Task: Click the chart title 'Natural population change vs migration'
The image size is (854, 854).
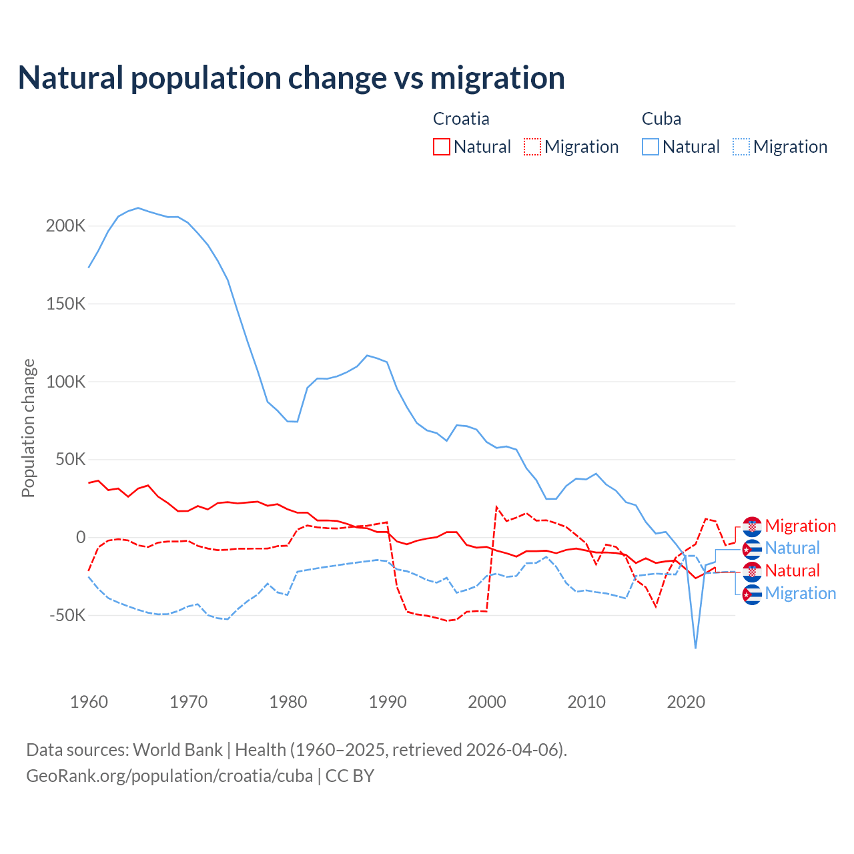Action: pyautogui.click(x=292, y=78)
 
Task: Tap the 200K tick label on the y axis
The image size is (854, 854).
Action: pyautogui.click(x=66, y=226)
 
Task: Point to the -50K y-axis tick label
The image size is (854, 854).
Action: pyautogui.click(x=67, y=614)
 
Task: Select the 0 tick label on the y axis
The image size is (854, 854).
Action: pyautogui.click(x=81, y=537)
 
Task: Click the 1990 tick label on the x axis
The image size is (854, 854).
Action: pyautogui.click(x=388, y=702)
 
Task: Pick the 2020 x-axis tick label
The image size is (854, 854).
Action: pyautogui.click(x=686, y=702)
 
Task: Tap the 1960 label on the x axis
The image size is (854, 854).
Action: pyautogui.click(x=89, y=702)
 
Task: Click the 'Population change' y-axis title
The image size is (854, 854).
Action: pyautogui.click(x=28, y=428)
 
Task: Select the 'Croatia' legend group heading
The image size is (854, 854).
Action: pyautogui.click(x=461, y=119)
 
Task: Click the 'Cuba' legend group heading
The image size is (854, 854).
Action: pyautogui.click(x=661, y=119)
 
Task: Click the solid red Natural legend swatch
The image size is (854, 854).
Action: pyautogui.click(x=442, y=147)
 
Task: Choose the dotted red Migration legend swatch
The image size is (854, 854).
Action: pyautogui.click(x=532, y=147)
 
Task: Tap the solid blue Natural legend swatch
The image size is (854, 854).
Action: pyautogui.click(x=651, y=147)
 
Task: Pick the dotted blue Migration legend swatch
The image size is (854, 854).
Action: pyautogui.click(x=741, y=147)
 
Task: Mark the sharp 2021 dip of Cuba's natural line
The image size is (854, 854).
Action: pyautogui.click(x=696, y=647)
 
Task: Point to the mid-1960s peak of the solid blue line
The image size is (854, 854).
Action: pyautogui.click(x=138, y=208)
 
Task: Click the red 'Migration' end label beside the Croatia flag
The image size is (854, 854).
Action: pyautogui.click(x=800, y=526)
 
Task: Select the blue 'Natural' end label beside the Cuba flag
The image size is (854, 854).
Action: pyautogui.click(x=792, y=548)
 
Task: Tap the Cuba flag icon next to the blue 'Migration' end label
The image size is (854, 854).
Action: pyautogui.click(x=752, y=594)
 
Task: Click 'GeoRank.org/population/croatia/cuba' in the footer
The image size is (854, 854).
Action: pyautogui.click(x=169, y=776)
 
